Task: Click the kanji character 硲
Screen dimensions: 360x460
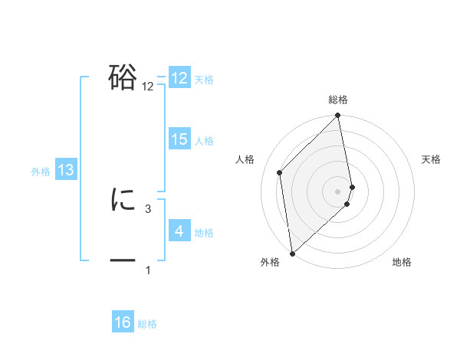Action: pyautogui.click(x=123, y=77)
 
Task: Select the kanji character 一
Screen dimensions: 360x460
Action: pyautogui.click(x=123, y=261)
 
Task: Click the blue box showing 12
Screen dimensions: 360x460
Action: pyautogui.click(x=179, y=78)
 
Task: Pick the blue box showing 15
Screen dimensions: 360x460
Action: pyautogui.click(x=179, y=139)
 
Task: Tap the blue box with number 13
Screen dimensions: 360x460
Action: pyautogui.click(x=66, y=170)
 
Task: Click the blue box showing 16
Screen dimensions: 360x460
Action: pyautogui.click(x=123, y=322)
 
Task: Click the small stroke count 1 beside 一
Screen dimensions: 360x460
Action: pyautogui.click(x=148, y=270)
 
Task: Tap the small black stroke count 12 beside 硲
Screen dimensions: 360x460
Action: pyautogui.click(x=148, y=87)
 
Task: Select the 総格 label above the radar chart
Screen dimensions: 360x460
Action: pyautogui.click(x=338, y=100)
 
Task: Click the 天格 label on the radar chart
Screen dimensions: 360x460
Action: pyautogui.click(x=431, y=159)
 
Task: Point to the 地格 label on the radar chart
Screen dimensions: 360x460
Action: pyautogui.click(x=402, y=263)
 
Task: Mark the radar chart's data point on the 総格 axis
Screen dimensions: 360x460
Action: pyautogui.click(x=338, y=116)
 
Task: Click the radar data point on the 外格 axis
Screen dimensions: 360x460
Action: pyautogui.click(x=292, y=253)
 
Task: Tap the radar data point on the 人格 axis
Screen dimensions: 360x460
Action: pyautogui.click(x=280, y=172)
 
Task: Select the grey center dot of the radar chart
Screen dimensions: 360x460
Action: pyautogui.click(x=338, y=191)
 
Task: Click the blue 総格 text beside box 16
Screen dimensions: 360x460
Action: pyautogui.click(x=147, y=324)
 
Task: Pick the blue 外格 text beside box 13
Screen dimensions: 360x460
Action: pyautogui.click(x=41, y=172)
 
